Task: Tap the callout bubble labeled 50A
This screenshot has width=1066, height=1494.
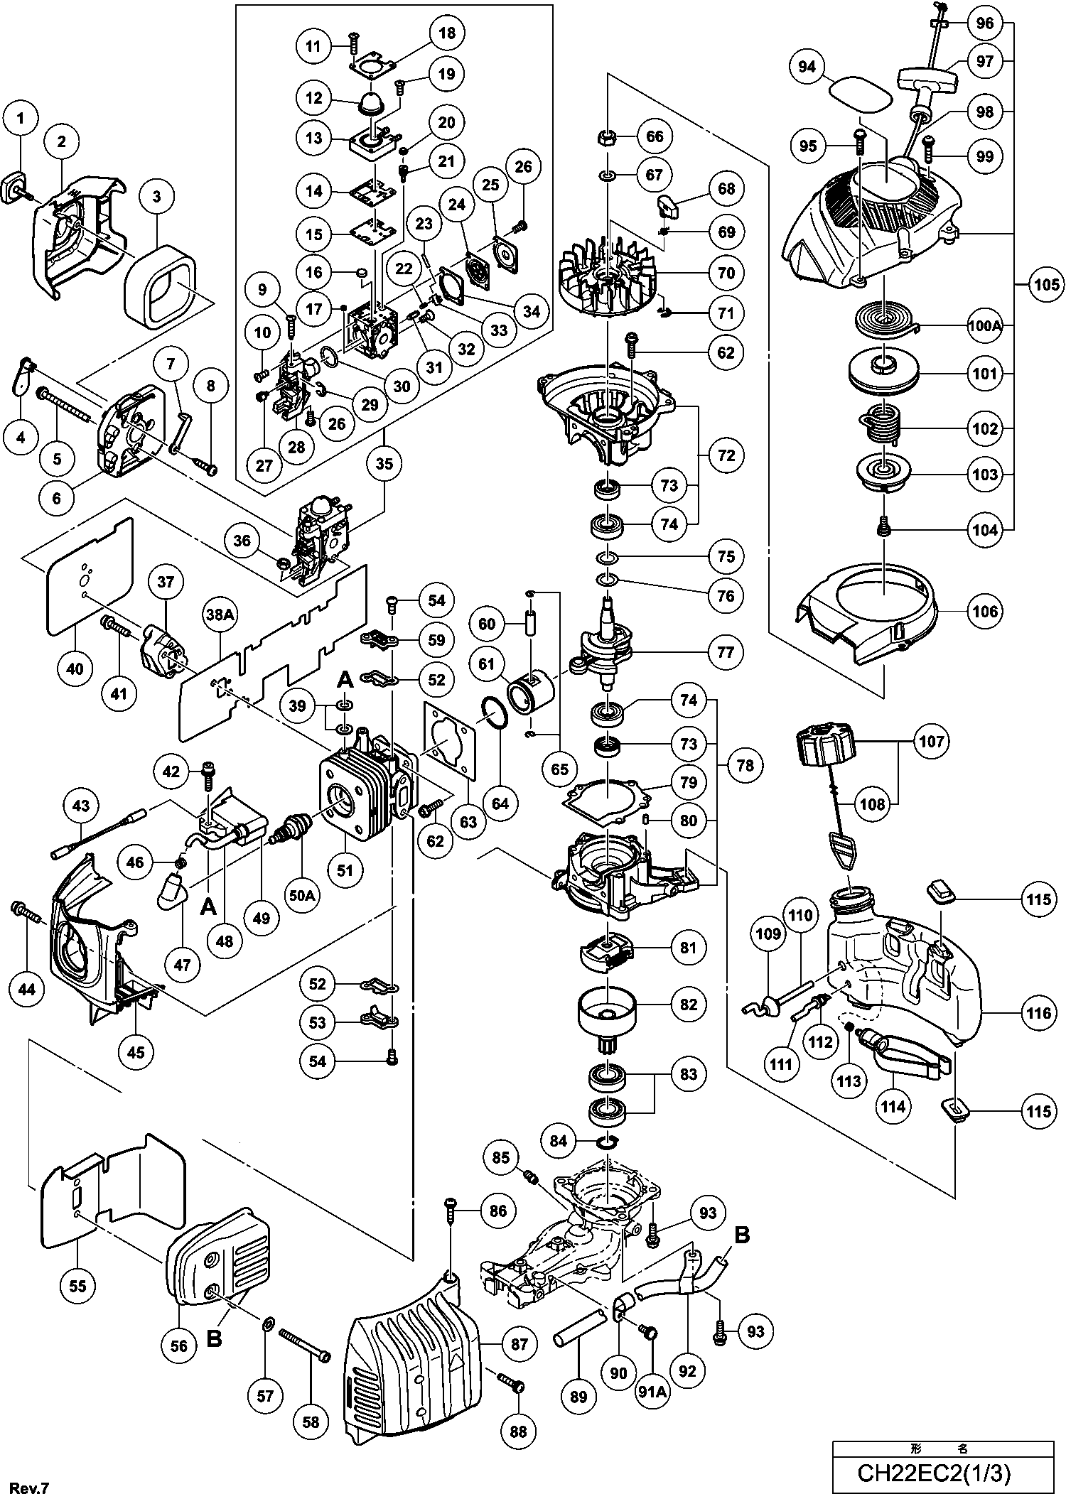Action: click(x=301, y=895)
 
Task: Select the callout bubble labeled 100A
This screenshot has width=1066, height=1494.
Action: click(x=984, y=326)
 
